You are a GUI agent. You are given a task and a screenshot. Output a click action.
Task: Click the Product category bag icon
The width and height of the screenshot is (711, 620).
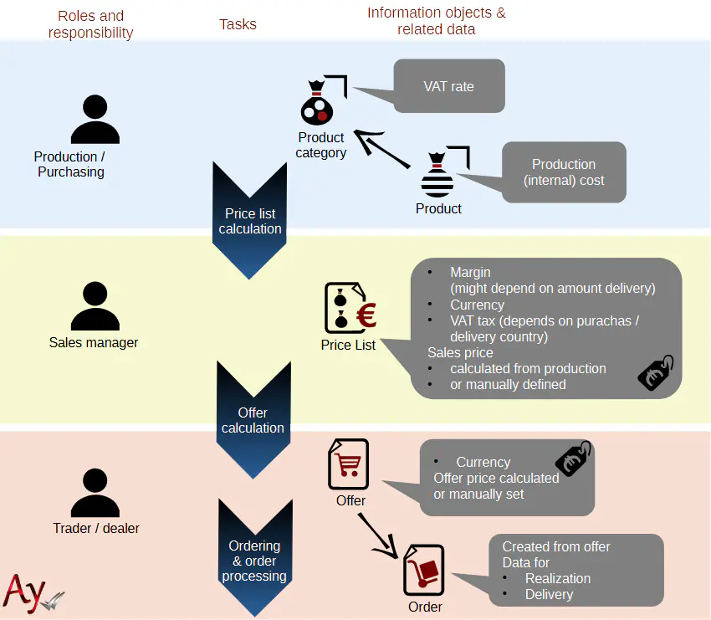point(318,104)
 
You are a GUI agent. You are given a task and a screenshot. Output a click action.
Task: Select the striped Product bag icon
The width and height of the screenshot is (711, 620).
point(437,177)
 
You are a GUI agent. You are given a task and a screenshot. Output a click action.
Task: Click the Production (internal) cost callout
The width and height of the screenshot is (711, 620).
point(564,172)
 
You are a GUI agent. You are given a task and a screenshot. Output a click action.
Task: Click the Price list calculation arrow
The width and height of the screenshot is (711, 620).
point(250,221)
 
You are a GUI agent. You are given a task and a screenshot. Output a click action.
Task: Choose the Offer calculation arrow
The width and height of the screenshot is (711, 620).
point(253,420)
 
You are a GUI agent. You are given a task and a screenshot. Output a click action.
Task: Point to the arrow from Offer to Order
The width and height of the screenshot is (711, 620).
point(377,535)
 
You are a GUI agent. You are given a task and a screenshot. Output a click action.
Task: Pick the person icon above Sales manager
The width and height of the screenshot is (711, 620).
point(95,307)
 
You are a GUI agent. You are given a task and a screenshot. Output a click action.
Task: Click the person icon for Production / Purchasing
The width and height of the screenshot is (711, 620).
point(95,120)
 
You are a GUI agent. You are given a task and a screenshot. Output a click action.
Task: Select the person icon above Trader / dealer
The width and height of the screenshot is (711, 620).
point(95,494)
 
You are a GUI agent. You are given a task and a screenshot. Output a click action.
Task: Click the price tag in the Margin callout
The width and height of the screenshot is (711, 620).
point(656,373)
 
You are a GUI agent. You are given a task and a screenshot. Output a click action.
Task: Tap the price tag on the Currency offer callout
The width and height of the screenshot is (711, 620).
point(573,459)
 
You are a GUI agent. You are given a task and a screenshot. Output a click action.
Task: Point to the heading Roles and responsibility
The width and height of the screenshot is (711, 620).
point(90,24)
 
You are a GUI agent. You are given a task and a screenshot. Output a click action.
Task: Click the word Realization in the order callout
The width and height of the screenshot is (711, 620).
point(557,578)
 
